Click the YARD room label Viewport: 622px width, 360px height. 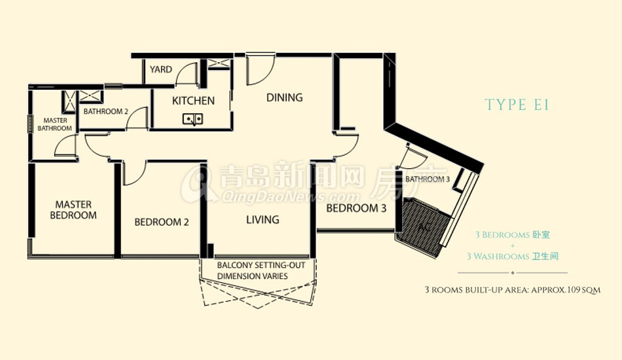point(160,69)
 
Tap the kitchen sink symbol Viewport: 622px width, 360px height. point(192,118)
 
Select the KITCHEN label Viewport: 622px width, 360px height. point(193,101)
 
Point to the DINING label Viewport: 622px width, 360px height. point(284,98)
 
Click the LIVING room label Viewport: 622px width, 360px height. point(263,220)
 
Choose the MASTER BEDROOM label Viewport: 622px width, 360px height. point(73,209)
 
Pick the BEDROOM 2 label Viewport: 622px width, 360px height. point(162,222)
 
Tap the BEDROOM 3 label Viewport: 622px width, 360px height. point(356,208)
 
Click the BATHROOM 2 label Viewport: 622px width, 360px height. point(105,111)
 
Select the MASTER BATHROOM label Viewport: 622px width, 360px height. point(55,124)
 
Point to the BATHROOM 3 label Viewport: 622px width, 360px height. point(428,179)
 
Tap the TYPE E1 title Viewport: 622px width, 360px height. point(517,105)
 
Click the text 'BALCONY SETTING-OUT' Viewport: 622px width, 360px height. point(261,265)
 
